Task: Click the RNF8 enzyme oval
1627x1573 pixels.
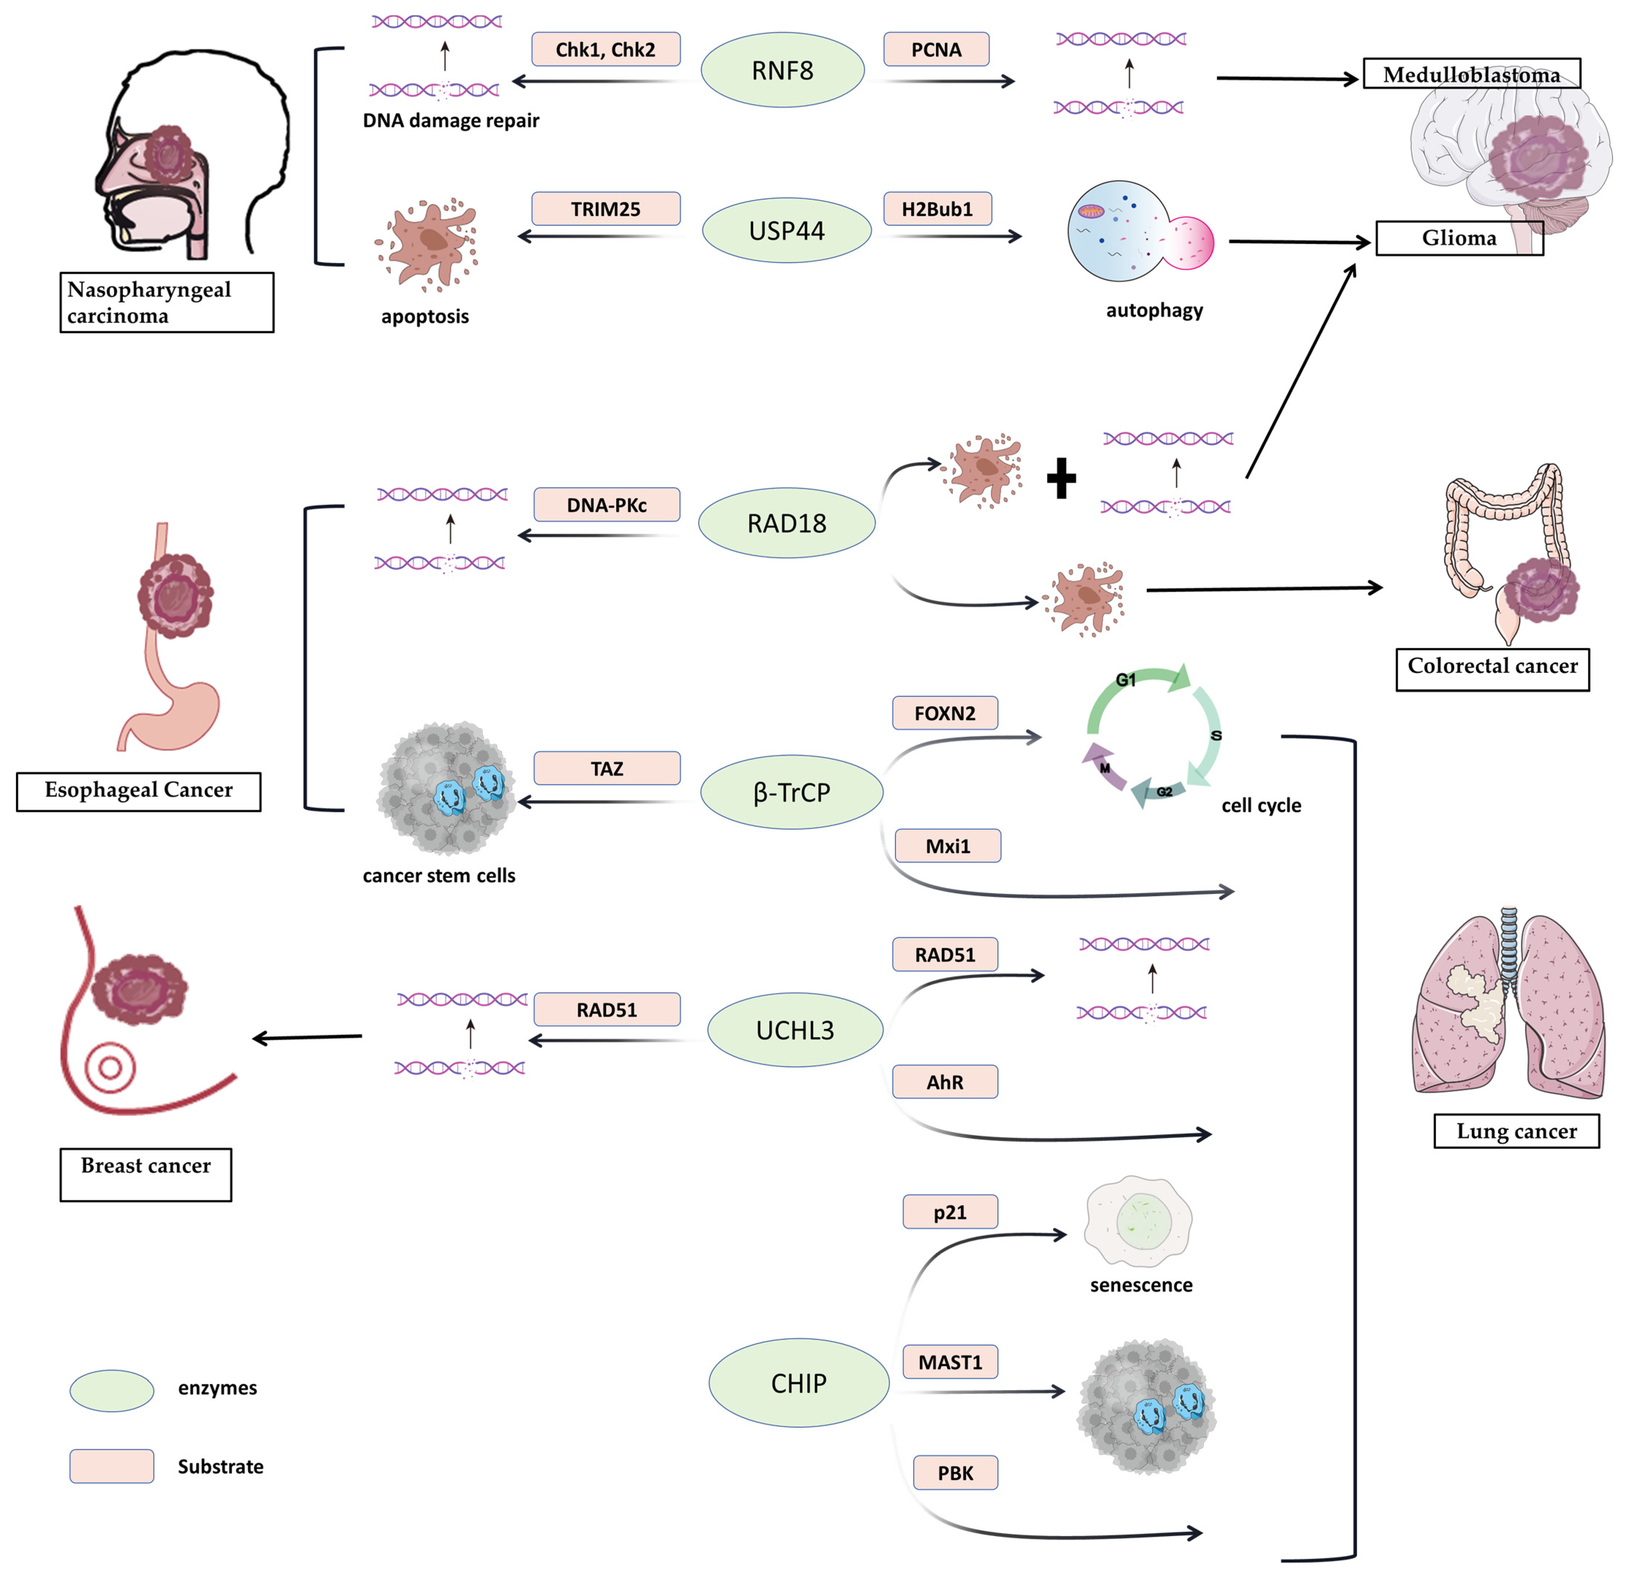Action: click(x=782, y=71)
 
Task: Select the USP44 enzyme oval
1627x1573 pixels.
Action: click(x=786, y=231)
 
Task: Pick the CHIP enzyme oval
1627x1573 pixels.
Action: click(x=798, y=1383)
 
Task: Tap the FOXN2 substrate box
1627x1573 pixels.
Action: click(x=945, y=713)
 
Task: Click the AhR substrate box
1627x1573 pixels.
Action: click(x=945, y=1082)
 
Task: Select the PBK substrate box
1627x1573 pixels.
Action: click(x=955, y=1473)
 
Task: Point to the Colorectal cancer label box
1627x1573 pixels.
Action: click(x=1492, y=669)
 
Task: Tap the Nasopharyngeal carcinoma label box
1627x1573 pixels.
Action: click(x=166, y=302)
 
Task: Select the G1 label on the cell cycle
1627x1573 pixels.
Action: click(x=1126, y=680)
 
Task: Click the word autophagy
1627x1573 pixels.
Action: click(x=1154, y=310)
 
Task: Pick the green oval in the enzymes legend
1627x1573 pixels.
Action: click(x=111, y=1391)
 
